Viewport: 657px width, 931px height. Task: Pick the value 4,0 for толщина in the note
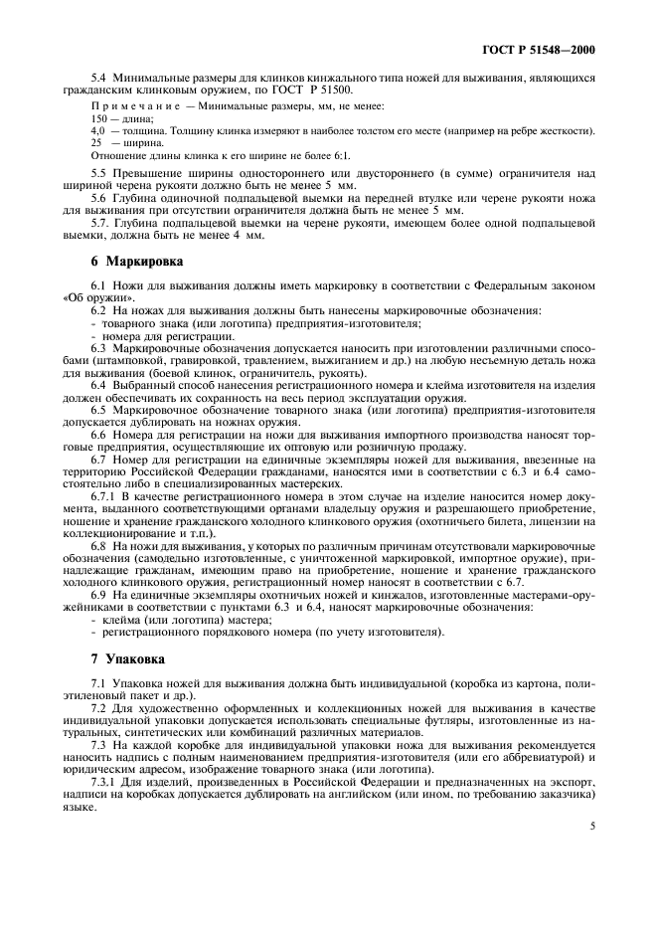click(98, 130)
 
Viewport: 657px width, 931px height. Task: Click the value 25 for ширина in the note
click(96, 142)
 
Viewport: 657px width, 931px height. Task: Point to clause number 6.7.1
click(103, 494)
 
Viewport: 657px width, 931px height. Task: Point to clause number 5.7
click(99, 221)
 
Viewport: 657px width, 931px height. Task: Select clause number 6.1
click(98, 285)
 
